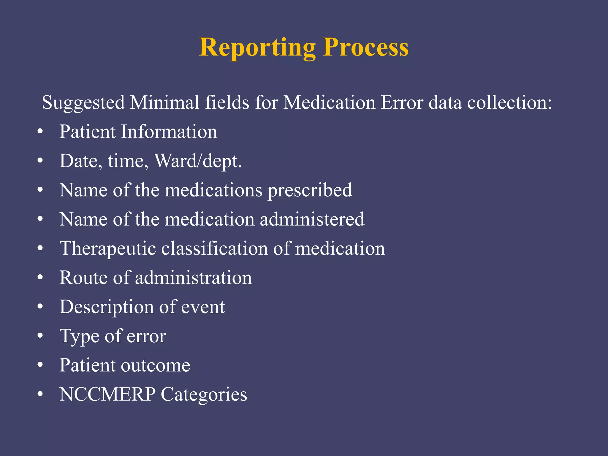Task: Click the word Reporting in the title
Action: coord(257,47)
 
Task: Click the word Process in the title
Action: coord(366,47)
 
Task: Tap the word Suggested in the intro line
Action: coord(83,103)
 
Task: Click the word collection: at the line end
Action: coord(509,102)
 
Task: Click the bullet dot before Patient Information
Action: coord(40,132)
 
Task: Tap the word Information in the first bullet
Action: coord(169,132)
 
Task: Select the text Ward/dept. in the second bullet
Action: coord(198,161)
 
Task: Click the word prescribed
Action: coord(310,190)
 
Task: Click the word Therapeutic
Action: coord(107,249)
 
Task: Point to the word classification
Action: coord(214,248)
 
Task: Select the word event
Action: coord(203,307)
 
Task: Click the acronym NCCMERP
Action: coord(107,394)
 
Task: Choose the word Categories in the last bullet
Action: coord(204,395)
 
